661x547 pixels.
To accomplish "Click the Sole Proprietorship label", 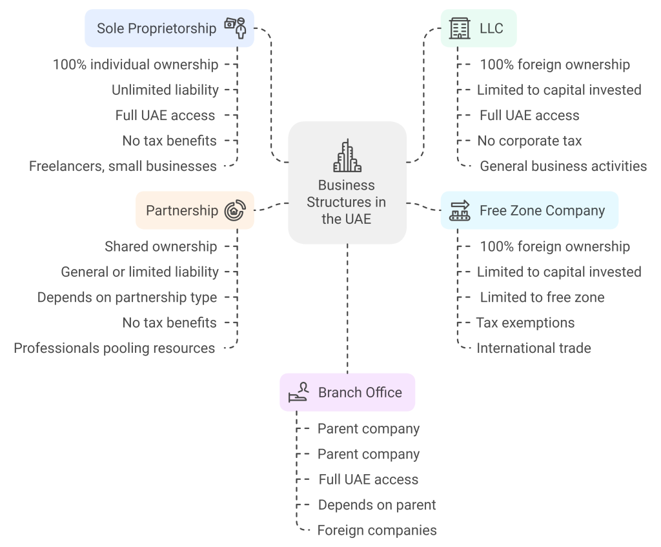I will [x=156, y=28].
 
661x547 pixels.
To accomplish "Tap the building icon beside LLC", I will [x=460, y=28].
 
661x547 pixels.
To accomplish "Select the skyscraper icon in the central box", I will [x=347, y=156].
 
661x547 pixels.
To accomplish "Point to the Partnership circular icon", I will [x=235, y=210].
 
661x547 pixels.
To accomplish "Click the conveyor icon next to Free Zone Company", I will [x=460, y=210].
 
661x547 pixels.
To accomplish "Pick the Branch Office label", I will [x=360, y=392].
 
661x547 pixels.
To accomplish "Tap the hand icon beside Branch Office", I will [x=298, y=392].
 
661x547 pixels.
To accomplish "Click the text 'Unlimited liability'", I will [x=165, y=90].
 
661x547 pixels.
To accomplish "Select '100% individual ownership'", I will [x=136, y=65].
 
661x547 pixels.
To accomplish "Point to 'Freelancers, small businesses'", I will [x=123, y=166].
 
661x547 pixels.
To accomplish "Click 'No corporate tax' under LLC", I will [x=529, y=141].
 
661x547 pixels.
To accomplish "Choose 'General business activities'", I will [x=563, y=166].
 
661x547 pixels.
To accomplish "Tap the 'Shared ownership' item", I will [x=161, y=246].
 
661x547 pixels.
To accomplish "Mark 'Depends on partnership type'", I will [x=127, y=297].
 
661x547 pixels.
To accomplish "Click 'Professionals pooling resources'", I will [x=114, y=348].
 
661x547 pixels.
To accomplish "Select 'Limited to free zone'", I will [x=542, y=297].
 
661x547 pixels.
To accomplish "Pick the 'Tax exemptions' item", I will [x=525, y=323].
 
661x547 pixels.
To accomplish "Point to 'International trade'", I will [x=533, y=348].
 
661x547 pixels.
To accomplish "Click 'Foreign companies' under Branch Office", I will [x=377, y=530].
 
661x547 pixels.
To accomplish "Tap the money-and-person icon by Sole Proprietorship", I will [x=236, y=28].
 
